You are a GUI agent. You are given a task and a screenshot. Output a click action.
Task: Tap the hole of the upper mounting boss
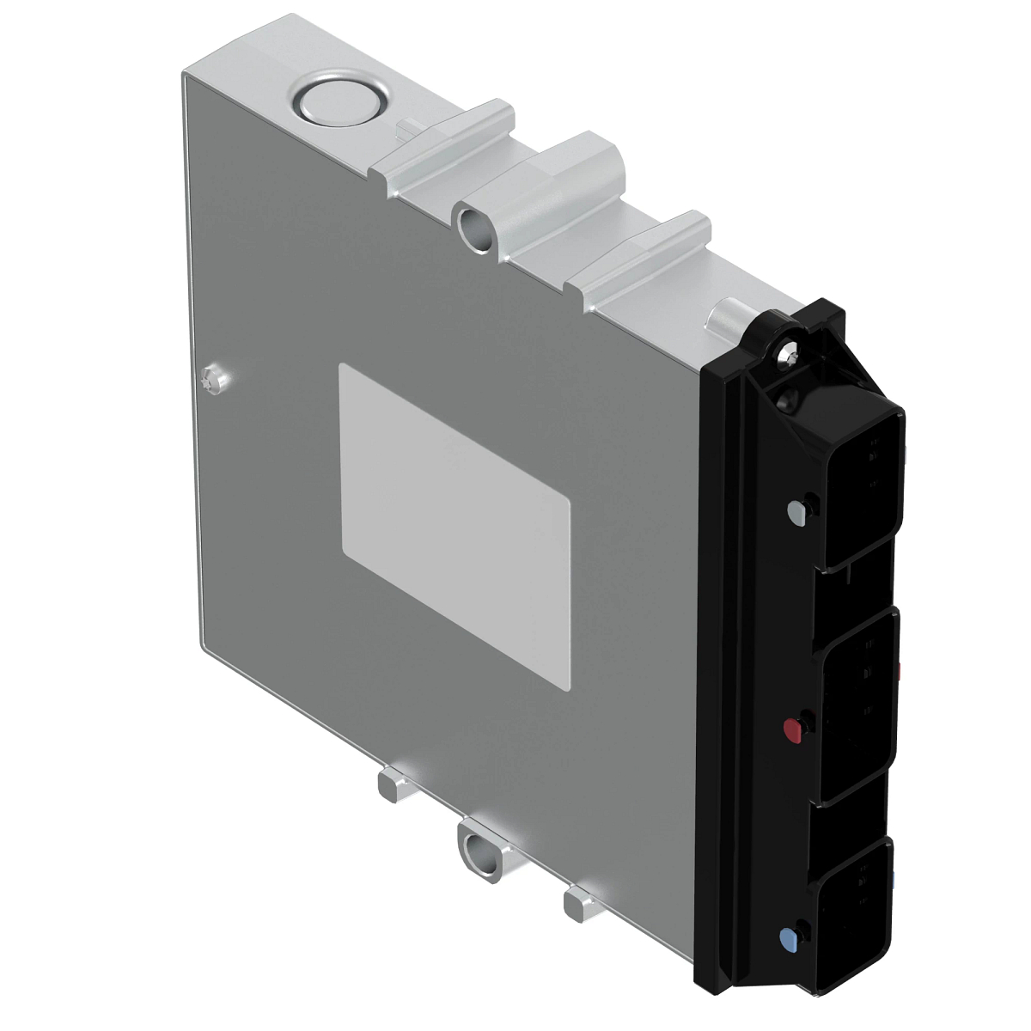pyautogui.click(x=473, y=225)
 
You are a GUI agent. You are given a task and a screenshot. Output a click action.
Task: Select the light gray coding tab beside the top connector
pyautogui.click(x=796, y=513)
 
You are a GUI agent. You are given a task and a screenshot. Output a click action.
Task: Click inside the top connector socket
pyautogui.click(x=863, y=494)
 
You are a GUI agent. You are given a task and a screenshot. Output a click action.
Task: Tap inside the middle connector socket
pyautogui.click(x=859, y=705)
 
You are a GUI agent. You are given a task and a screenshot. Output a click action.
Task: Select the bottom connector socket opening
pyautogui.click(x=855, y=911)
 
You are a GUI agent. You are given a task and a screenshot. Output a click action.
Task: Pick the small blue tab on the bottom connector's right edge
pyautogui.click(x=893, y=881)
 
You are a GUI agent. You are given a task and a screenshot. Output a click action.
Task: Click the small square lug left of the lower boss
pyautogui.click(x=392, y=785)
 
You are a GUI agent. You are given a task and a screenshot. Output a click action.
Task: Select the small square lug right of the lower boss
pyautogui.click(x=580, y=902)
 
